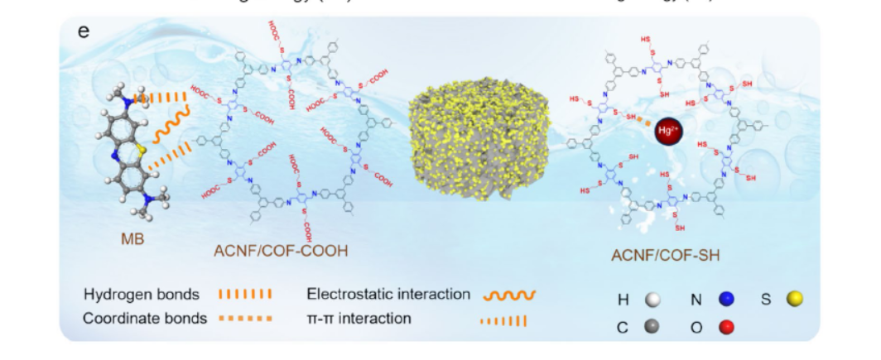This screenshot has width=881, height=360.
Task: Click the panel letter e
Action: pos(83,33)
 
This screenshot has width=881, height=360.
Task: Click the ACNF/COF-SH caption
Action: pos(665,256)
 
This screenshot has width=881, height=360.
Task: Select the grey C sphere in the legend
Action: pos(654,327)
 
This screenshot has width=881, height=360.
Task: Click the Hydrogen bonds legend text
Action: pos(142,295)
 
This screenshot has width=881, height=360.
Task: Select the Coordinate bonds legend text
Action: pos(145,318)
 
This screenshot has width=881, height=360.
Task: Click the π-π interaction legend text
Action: pos(358,318)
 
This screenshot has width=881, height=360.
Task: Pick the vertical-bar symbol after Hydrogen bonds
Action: pos(245,295)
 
